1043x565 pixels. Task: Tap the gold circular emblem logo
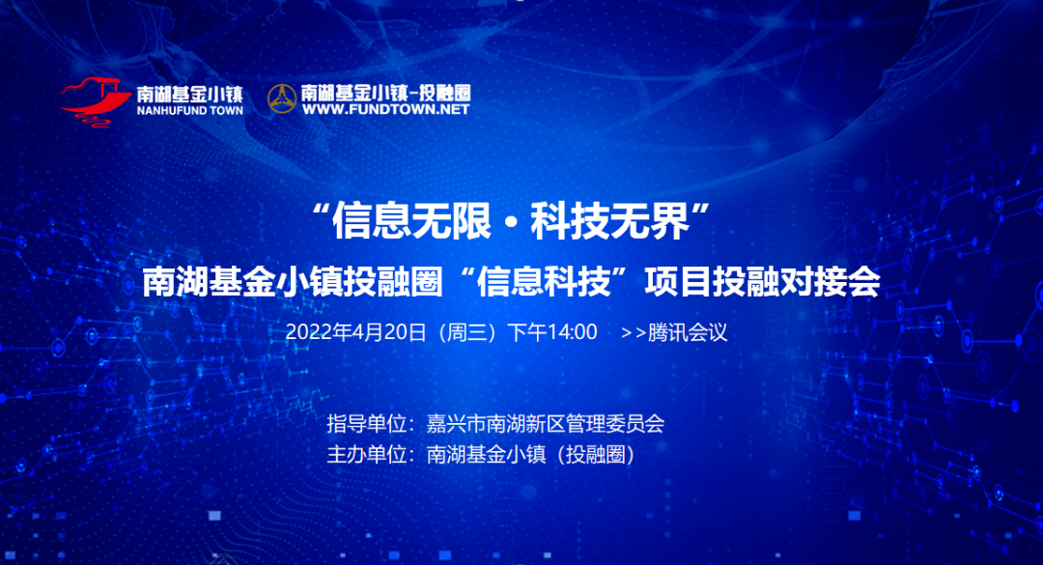(x=281, y=99)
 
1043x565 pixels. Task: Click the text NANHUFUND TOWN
(x=190, y=110)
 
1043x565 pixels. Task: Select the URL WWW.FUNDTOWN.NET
(x=385, y=109)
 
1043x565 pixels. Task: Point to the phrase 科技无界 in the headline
(x=609, y=221)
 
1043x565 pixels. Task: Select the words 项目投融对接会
(x=762, y=281)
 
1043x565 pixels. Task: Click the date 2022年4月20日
(x=355, y=332)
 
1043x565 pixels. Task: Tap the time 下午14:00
(x=552, y=332)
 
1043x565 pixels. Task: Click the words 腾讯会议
(x=688, y=332)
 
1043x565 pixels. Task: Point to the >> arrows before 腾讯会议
(x=634, y=333)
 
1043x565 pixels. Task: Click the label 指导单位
(x=367, y=424)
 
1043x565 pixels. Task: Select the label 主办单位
(x=367, y=455)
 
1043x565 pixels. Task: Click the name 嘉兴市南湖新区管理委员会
(x=546, y=424)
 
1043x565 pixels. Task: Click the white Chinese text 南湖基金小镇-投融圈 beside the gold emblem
(x=385, y=93)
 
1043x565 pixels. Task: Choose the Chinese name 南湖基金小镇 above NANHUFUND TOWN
(x=190, y=95)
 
